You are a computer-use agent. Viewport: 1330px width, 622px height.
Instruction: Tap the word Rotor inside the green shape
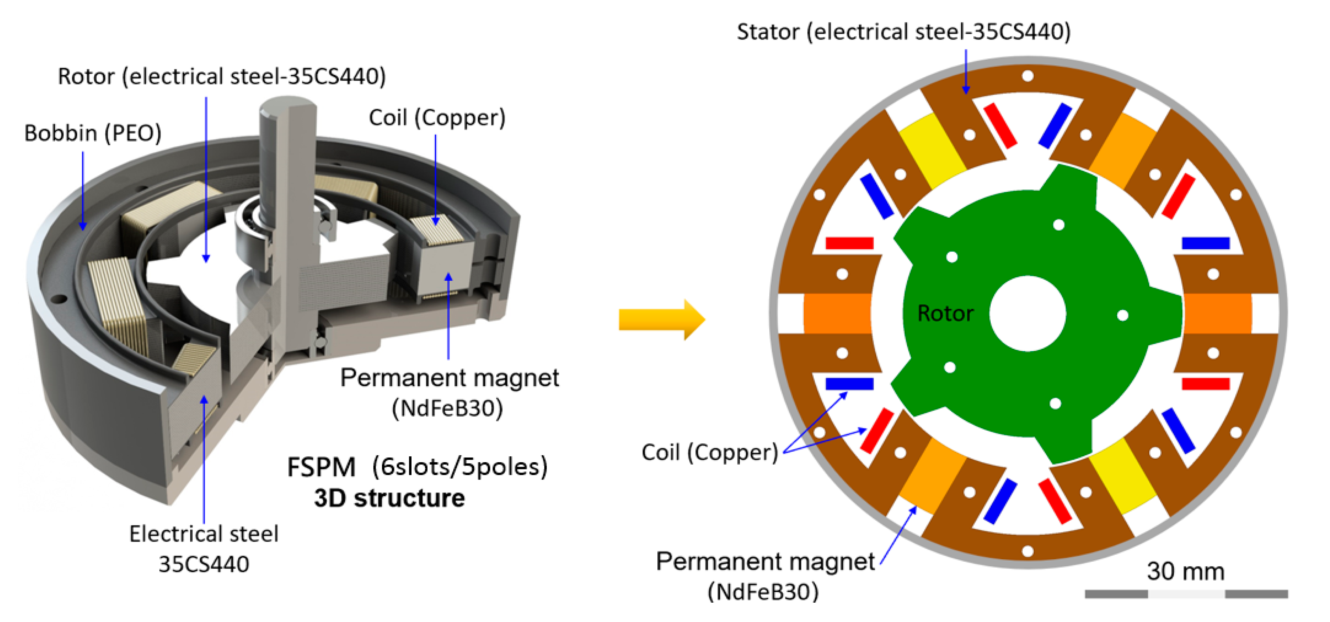[945, 313]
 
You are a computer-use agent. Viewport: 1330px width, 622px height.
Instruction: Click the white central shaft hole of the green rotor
[1027, 313]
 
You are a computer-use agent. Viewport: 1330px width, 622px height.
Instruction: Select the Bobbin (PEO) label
[93, 133]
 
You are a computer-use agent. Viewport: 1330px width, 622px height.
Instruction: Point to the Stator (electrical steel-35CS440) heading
[904, 32]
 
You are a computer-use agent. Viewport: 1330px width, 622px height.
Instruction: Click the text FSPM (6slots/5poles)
[417, 467]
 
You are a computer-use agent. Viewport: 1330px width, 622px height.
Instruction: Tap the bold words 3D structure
[389, 499]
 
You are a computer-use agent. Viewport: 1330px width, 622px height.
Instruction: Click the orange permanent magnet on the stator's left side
[837, 313]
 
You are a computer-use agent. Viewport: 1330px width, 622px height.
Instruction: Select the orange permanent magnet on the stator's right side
[1218, 313]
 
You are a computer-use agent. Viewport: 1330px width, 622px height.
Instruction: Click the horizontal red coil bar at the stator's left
[849, 243]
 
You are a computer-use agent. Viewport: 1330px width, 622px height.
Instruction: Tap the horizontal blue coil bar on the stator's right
[1206, 243]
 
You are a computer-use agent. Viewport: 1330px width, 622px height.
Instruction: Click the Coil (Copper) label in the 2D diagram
[709, 453]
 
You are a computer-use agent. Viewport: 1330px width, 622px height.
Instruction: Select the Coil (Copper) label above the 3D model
[437, 118]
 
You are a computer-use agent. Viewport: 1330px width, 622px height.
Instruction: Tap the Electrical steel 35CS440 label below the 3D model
[204, 549]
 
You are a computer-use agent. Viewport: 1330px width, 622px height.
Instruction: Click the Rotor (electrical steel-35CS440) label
[222, 77]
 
